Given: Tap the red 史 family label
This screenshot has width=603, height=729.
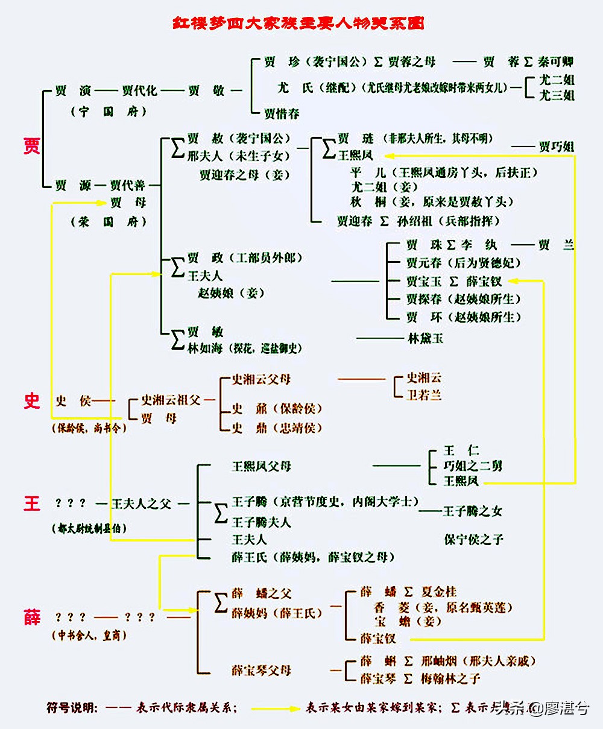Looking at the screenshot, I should [x=31, y=400].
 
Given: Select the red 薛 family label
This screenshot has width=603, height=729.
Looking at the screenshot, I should [x=31, y=617].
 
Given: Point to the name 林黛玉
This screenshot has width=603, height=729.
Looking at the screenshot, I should [x=426, y=338].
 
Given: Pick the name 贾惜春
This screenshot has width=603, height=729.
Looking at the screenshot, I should [x=281, y=113].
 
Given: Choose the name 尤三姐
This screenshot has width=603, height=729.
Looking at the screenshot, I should [x=556, y=95].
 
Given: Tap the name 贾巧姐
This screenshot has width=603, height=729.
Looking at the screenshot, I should [x=556, y=147].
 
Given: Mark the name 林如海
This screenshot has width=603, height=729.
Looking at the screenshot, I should [x=206, y=349].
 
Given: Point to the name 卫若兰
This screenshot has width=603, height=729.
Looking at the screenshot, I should [x=425, y=395].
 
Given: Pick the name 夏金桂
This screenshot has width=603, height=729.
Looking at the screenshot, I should [x=438, y=592].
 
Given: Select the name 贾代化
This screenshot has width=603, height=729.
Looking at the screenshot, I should [x=139, y=90].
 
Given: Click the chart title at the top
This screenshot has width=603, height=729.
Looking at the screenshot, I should [x=297, y=24].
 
